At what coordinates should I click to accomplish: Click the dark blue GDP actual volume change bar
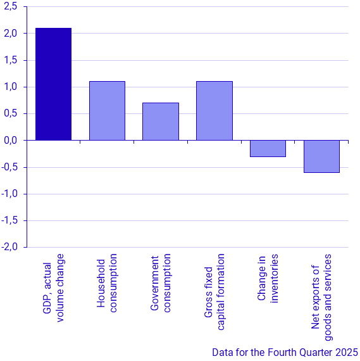53,84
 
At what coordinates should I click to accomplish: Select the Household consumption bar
107,111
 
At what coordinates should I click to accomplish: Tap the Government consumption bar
161,122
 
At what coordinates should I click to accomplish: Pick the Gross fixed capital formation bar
214,111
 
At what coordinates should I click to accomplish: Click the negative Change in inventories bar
268,148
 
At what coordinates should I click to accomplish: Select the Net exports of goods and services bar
321,156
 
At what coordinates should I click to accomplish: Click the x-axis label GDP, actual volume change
53,288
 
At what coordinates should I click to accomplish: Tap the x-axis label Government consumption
161,283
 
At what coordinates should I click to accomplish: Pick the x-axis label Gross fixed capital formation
214,291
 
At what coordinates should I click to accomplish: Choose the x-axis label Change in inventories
268,279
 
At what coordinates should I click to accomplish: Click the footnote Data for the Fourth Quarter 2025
285,352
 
